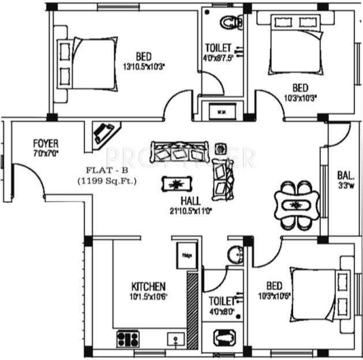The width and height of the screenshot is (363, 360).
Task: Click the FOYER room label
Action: [45, 142]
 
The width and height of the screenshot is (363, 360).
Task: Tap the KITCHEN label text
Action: [148, 286]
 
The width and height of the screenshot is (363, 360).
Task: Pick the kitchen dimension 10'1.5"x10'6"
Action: [148, 297]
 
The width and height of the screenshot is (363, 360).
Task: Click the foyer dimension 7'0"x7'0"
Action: [45, 153]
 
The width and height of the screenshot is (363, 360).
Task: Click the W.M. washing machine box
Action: [221, 110]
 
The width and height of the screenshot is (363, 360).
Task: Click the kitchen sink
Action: [175, 338]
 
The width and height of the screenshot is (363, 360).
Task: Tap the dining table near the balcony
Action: [296, 205]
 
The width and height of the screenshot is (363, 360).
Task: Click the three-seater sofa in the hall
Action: [179, 152]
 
